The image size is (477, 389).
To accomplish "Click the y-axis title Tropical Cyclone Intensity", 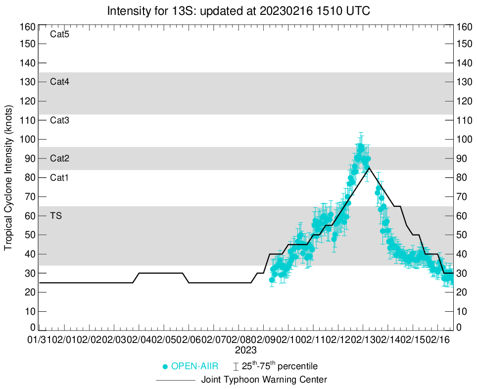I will click(8, 178).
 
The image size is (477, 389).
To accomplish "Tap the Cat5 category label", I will click(59, 35).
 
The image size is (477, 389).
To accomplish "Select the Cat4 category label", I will click(59, 82).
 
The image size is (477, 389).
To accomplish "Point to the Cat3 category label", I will click(59, 120).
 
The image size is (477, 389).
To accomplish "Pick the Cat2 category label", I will click(59, 159).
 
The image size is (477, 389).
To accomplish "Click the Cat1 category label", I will click(59, 178).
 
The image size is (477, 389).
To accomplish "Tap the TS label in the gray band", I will click(55, 216).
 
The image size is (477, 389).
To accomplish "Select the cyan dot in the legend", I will click(165, 367).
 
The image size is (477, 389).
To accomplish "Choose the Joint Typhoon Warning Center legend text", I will click(264, 380).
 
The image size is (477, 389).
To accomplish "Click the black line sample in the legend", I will click(176, 381).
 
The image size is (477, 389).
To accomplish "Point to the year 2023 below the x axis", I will click(245, 350).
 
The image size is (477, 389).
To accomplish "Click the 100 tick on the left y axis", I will click(29, 140).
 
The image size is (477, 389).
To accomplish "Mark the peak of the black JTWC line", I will click(369, 168).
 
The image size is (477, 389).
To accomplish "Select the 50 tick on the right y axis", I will click(463, 235).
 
